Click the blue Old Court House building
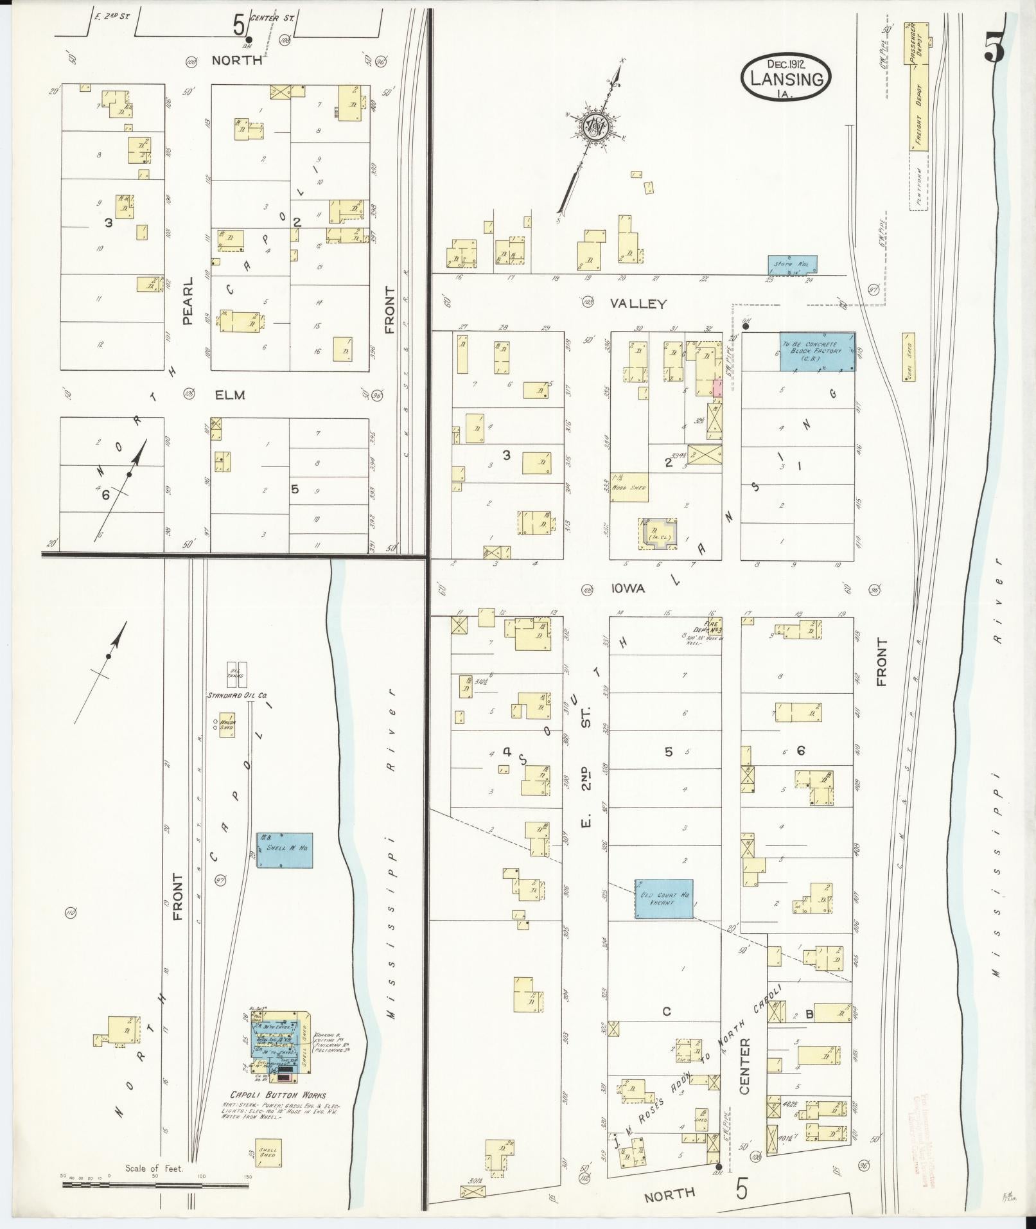tap(664, 898)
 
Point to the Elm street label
tap(230, 394)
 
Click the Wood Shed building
tap(629, 487)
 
